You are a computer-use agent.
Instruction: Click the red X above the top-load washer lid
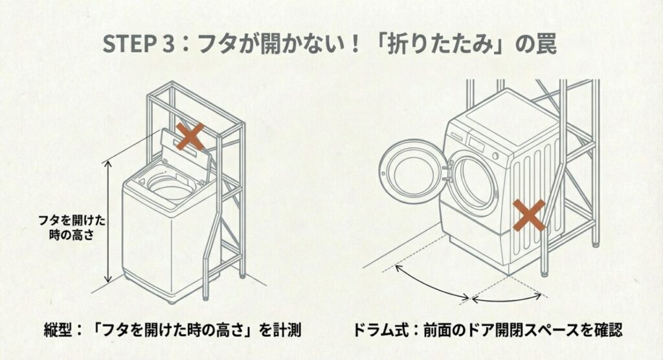click(192, 137)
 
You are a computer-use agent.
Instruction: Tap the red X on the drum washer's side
click(528, 216)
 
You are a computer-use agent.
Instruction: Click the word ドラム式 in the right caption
click(378, 331)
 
